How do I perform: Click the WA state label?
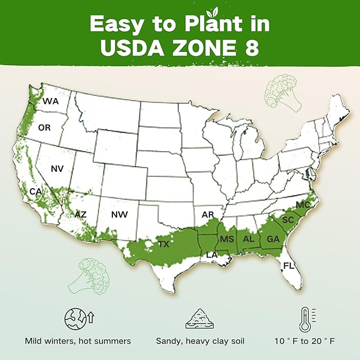click(x=50, y=101)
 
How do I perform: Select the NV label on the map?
click(x=57, y=169)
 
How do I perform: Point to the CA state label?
click(x=35, y=191)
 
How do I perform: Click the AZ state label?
click(x=80, y=215)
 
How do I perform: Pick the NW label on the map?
click(x=119, y=215)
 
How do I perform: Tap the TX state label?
click(x=164, y=244)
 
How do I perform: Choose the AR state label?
click(x=207, y=215)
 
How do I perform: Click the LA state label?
click(x=212, y=255)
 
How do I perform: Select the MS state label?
click(x=227, y=239)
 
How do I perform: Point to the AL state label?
click(x=249, y=239)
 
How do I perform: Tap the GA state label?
click(x=273, y=239)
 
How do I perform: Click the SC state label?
click(x=288, y=219)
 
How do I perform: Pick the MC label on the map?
click(x=303, y=205)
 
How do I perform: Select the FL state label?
click(x=288, y=265)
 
